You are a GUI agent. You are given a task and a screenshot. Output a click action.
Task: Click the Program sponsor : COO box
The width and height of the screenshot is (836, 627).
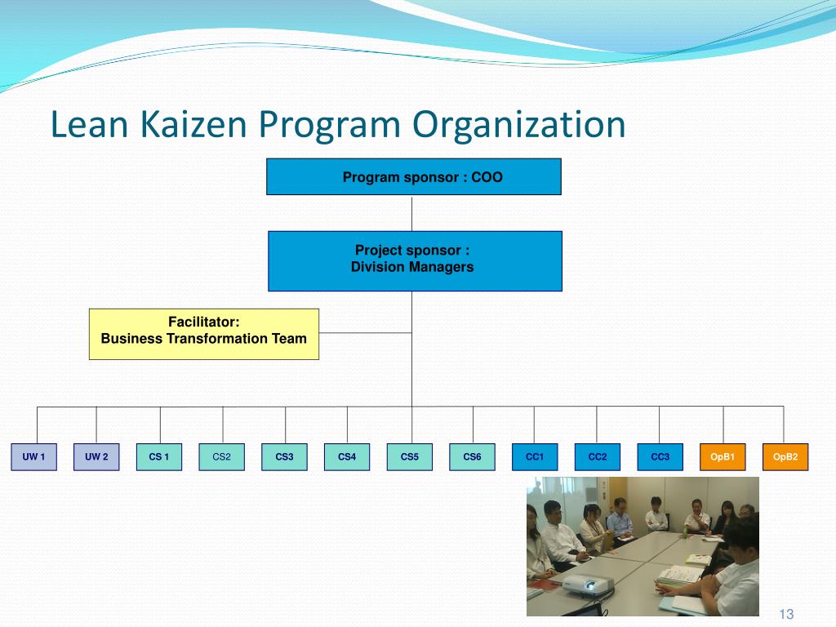[x=414, y=177]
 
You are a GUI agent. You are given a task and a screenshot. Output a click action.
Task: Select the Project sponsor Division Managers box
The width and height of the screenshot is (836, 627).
[x=415, y=261]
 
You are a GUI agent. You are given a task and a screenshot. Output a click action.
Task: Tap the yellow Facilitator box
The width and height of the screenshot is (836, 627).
[x=203, y=334]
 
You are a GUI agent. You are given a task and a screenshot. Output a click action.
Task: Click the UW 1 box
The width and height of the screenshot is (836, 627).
[x=33, y=457]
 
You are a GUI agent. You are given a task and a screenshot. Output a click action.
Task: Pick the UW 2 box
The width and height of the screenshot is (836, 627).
[x=96, y=457]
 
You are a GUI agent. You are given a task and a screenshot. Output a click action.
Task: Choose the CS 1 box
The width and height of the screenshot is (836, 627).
[x=159, y=457]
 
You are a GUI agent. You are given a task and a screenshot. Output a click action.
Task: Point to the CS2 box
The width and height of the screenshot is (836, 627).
[x=222, y=457]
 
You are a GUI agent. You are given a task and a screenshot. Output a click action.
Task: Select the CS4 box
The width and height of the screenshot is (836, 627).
[x=347, y=457]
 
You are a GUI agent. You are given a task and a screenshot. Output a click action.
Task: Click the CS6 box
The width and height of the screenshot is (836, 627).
[x=472, y=457]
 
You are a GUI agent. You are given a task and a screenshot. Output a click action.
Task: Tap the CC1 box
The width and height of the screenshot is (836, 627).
[x=535, y=457]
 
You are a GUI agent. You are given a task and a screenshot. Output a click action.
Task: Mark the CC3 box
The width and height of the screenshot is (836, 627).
[x=660, y=457]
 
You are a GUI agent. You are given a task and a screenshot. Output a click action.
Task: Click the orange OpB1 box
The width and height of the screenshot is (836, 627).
[x=723, y=457]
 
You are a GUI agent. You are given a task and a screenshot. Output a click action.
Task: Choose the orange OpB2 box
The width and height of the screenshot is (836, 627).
[x=785, y=457]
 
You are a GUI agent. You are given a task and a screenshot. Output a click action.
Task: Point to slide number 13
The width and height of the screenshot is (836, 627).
[x=787, y=615]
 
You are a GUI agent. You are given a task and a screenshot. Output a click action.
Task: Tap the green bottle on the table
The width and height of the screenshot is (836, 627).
[x=684, y=531]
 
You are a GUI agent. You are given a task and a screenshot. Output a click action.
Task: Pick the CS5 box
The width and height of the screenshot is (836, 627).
[x=410, y=457]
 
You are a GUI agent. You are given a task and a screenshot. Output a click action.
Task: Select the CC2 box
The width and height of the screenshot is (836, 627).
[x=598, y=457]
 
